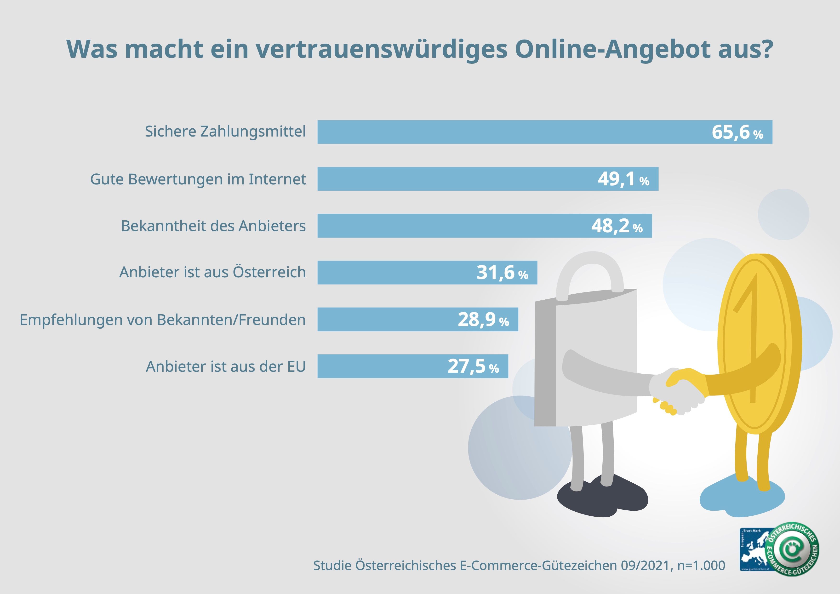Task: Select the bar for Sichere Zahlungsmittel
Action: pyautogui.click(x=512, y=132)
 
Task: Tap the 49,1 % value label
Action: pyautogui.click(x=623, y=179)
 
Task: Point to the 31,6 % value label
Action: pyautogui.click(x=502, y=273)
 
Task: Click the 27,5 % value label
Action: pyautogui.click(x=473, y=366)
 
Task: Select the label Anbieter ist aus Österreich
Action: pyautogui.click(x=212, y=273)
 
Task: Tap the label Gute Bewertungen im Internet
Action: pyautogui.click(x=198, y=179)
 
